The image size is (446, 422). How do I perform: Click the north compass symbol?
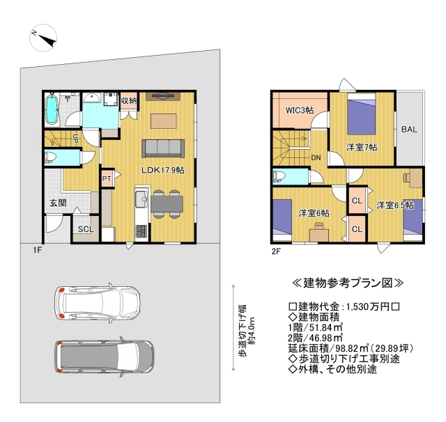coord(43,38)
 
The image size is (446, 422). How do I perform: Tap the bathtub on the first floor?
coord(52,109)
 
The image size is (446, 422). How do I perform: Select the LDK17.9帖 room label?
coord(163,170)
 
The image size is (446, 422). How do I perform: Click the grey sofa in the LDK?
coord(163,148)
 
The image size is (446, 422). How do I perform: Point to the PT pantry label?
coord(107,179)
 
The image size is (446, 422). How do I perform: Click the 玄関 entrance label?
coord(58,203)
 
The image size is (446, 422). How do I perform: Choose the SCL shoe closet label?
coord(86,229)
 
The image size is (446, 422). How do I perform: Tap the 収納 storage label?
coord(129,100)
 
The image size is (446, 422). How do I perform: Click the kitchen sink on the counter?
coord(141,198)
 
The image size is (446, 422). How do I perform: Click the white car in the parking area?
coord(98,303)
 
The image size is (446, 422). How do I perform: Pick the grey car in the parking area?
coord(105,357)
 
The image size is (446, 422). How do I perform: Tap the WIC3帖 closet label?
coord(300,110)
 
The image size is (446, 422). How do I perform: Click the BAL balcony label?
coord(409,130)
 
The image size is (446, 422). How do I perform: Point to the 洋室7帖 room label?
coord(362,147)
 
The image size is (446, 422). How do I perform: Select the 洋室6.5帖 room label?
coord(395,205)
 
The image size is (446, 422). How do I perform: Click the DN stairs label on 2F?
coord(316,157)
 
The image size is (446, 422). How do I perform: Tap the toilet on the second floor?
coord(279,176)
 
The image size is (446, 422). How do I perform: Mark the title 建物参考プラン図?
coord(348,283)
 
